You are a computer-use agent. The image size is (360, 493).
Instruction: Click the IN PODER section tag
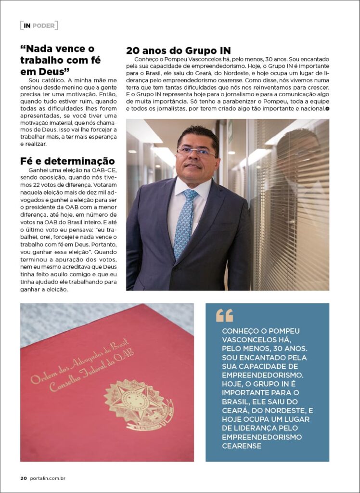[x=39, y=26]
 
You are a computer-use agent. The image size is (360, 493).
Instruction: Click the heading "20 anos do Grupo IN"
[x=178, y=50]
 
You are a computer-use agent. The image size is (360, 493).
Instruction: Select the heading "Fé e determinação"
[x=67, y=161]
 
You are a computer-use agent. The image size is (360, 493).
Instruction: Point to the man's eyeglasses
[x=196, y=152]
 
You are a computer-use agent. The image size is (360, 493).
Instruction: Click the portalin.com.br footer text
[x=48, y=478]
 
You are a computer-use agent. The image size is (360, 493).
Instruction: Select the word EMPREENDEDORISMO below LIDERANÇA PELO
[x=262, y=437]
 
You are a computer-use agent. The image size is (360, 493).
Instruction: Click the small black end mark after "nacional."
[x=327, y=109]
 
